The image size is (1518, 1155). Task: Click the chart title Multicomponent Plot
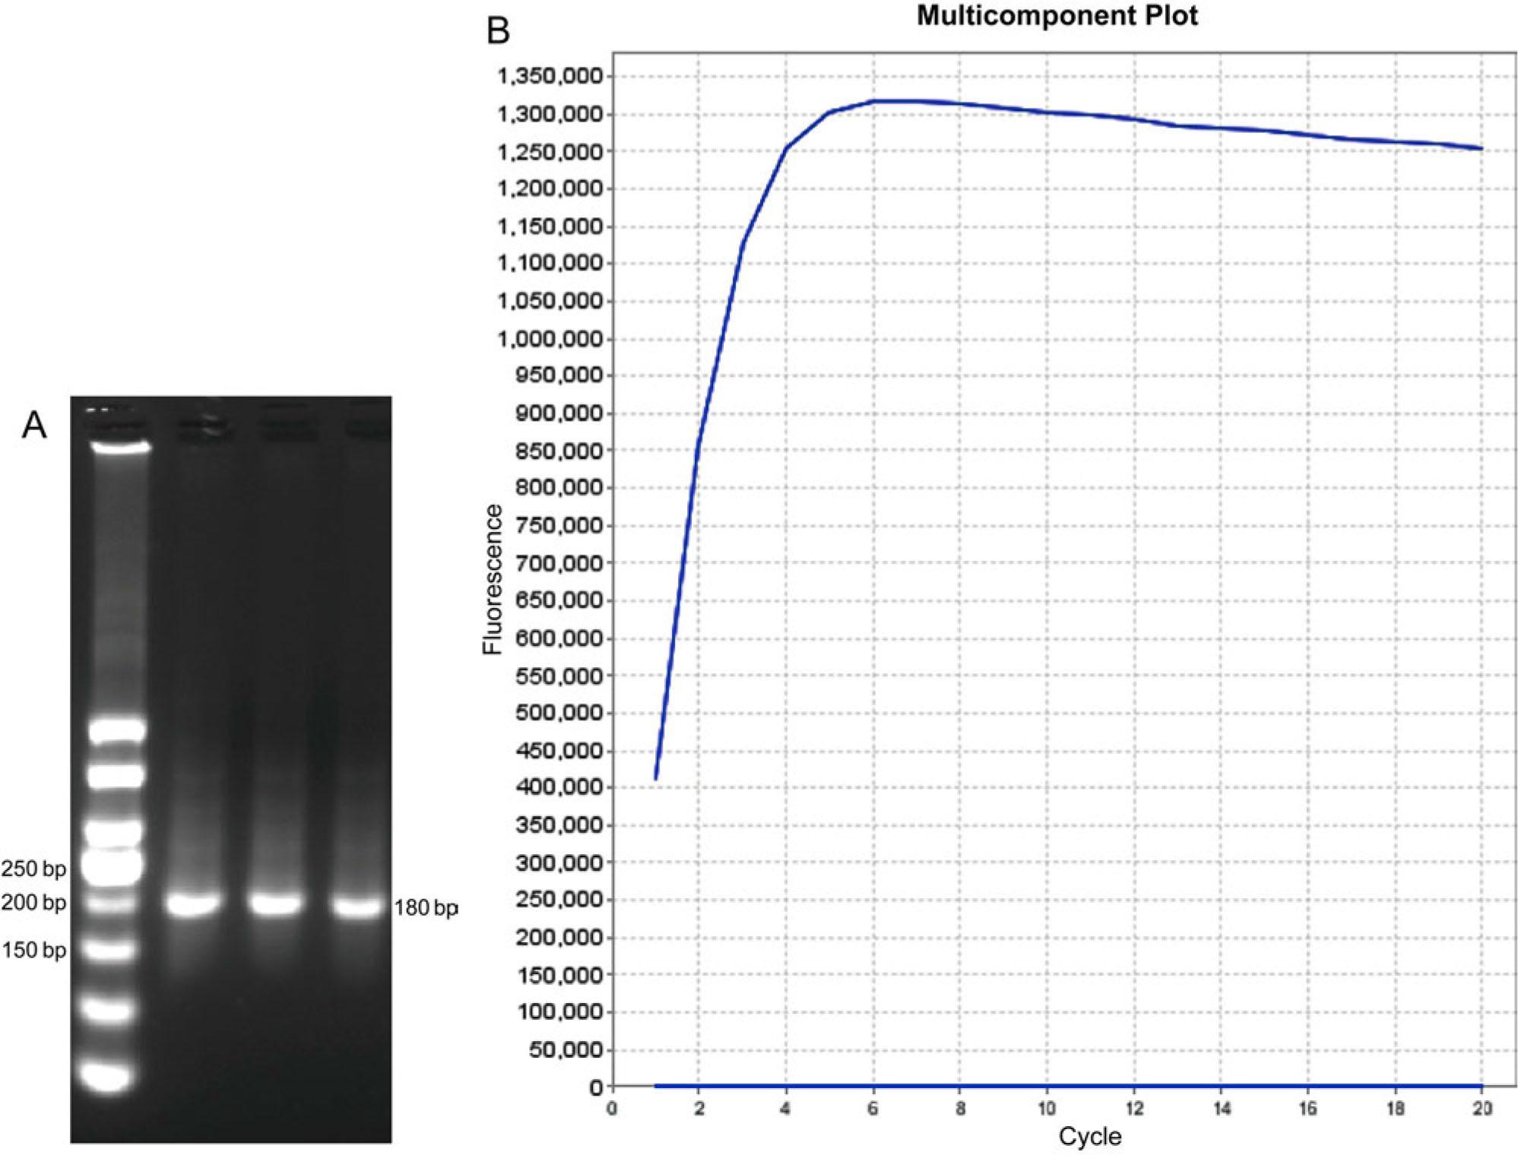pos(1057,16)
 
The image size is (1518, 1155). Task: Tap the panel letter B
pos(498,31)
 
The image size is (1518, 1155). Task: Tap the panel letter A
pos(34,426)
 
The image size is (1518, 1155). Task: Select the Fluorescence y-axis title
pos(493,579)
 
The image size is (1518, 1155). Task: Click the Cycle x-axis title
pos(1089,1137)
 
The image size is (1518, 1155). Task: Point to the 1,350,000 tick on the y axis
pos(550,77)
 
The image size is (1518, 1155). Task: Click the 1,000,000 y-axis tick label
pos(550,339)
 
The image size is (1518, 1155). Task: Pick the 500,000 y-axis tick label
pos(559,714)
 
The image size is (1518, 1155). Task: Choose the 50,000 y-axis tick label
pos(563,1050)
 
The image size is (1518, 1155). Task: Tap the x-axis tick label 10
pos(1047,1109)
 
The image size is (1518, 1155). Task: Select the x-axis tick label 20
pos(1482,1109)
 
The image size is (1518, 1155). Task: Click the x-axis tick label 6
pos(873,1109)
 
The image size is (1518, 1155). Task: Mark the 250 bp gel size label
pos(33,869)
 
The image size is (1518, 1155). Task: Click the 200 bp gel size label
pos(33,903)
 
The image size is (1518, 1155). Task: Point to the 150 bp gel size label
pos(33,950)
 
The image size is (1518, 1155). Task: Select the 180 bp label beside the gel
pos(426,908)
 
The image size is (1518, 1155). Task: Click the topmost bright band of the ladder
pos(120,447)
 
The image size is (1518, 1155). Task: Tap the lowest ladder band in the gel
pos(108,1077)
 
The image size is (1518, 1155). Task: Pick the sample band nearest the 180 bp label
pos(357,907)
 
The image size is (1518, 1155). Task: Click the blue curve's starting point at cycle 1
pos(655,778)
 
